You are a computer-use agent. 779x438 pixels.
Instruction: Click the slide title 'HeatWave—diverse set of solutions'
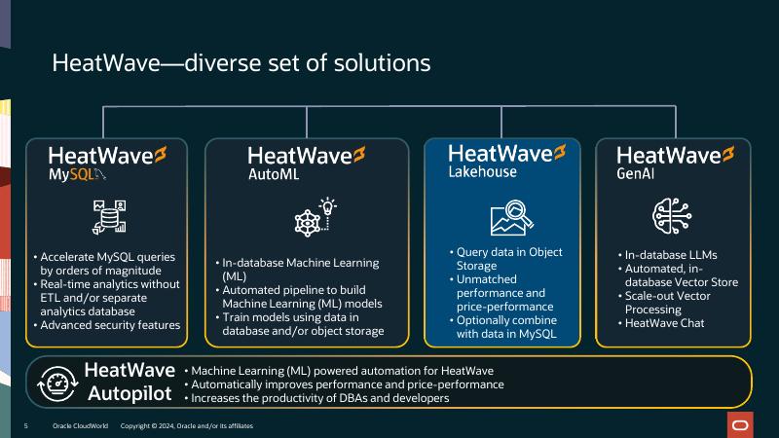[x=241, y=64]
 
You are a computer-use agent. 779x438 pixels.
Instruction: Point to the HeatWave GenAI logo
[x=676, y=163]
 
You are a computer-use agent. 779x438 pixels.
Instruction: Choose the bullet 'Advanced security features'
[x=109, y=324]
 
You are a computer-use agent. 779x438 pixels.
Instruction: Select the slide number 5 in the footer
[x=26, y=426]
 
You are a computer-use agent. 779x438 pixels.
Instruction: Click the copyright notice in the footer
[x=186, y=426]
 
